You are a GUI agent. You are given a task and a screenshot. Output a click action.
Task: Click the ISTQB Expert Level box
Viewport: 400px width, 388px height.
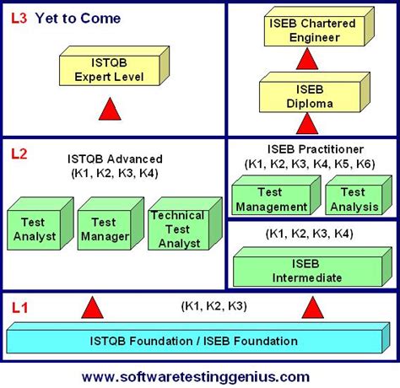tap(111, 70)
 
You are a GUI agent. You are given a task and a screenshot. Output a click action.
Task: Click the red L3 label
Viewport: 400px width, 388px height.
tap(19, 18)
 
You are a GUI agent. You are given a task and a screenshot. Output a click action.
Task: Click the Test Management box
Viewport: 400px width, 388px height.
tap(271, 199)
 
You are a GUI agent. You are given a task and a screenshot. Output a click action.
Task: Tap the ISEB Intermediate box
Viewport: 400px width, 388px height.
tap(305, 270)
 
